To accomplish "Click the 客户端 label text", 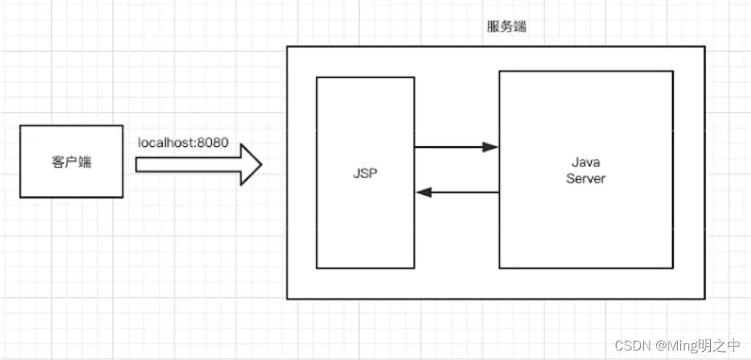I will coord(72,162).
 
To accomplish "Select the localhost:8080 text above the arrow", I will coord(183,142).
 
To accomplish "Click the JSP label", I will coord(364,175).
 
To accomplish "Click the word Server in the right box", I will coord(585,178).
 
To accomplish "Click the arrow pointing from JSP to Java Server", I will coord(456,147).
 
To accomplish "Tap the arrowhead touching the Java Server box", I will coord(490,147).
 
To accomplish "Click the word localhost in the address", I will coord(166,142).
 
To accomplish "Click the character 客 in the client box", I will coord(59,162).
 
